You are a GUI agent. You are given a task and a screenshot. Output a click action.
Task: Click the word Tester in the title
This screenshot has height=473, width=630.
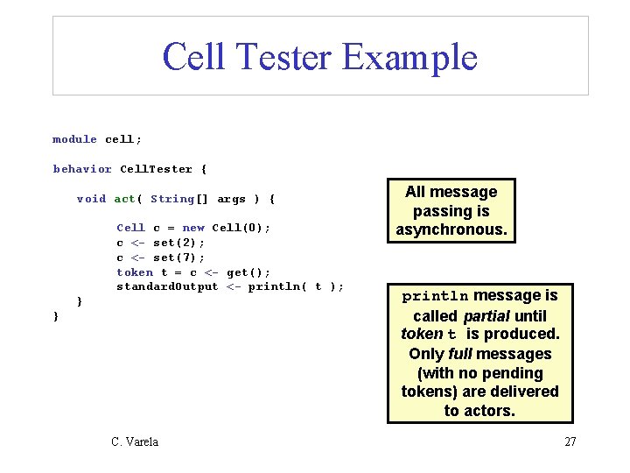tap(283, 57)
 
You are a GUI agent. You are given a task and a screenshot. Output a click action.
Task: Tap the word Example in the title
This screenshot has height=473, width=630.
tap(410, 57)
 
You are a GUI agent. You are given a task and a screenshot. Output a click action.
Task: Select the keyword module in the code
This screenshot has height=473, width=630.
tap(74, 139)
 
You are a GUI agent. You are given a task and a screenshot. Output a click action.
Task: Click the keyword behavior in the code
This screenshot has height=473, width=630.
tap(82, 169)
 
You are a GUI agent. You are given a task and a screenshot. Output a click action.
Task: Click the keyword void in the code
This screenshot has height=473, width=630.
tap(91, 199)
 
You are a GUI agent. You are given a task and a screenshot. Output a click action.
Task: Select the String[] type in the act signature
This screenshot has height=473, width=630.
tap(179, 199)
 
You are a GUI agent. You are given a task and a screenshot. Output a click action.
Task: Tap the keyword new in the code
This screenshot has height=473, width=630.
tap(193, 228)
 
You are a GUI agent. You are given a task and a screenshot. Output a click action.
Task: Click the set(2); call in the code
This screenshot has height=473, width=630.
tap(178, 243)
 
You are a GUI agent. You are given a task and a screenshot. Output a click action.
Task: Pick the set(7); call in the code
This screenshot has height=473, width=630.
tap(178, 258)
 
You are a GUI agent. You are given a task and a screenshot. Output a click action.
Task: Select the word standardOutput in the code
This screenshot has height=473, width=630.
tap(167, 286)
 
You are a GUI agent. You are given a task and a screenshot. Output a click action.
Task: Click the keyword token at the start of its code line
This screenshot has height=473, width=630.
tap(135, 272)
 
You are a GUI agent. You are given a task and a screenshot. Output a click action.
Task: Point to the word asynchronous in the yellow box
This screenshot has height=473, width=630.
tap(451, 229)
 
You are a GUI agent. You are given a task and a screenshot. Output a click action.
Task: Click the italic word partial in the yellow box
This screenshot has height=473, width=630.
tap(492, 315)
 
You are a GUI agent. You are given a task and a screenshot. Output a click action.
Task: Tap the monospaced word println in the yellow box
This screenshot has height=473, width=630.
tap(435, 296)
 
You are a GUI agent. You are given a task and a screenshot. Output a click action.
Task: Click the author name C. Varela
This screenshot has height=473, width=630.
tap(135, 441)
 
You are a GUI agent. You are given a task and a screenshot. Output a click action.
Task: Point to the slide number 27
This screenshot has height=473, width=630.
tap(570, 441)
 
